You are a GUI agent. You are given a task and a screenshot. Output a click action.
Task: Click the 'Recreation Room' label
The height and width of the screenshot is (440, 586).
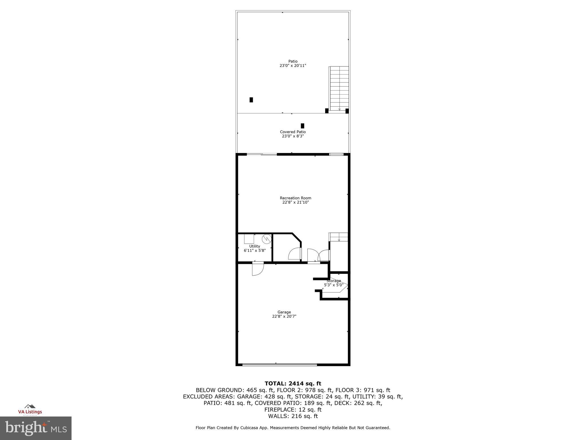[295, 198]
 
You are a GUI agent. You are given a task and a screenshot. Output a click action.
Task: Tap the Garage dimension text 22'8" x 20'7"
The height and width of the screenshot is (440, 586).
[284, 316]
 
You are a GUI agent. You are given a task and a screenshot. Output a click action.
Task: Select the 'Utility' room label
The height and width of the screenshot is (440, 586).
[255, 246]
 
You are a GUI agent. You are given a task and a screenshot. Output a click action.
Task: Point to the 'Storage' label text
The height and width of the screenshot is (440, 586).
[334, 281]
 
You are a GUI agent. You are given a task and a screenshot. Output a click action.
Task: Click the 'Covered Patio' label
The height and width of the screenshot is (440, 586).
[293, 132]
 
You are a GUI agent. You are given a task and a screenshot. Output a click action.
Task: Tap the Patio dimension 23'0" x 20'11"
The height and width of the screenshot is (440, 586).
[293, 66]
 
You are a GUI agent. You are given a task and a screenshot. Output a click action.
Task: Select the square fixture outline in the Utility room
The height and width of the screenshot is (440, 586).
[249, 239]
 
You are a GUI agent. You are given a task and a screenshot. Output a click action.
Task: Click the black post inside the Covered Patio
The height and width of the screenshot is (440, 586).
[302, 126]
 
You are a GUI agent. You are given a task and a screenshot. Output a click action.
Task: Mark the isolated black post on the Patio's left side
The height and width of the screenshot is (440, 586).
[251, 100]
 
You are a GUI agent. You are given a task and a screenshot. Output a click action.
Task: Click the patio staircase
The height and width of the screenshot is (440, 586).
[339, 88]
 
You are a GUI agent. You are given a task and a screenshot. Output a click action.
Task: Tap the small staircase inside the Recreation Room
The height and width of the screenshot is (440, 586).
[338, 237]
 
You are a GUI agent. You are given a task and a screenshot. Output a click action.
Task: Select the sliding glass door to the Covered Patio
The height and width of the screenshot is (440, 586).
[262, 155]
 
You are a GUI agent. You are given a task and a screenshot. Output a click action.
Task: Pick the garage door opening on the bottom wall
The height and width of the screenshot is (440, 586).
[280, 365]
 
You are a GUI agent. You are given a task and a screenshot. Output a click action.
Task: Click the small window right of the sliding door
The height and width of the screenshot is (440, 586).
[336, 155]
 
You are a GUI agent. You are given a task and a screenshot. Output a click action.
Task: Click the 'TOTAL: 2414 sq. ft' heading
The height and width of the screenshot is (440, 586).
[293, 384]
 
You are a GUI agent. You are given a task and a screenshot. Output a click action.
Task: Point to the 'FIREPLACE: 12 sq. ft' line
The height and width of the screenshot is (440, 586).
[293, 410]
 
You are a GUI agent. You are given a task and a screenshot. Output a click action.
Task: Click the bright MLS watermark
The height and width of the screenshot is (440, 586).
[36, 428]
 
